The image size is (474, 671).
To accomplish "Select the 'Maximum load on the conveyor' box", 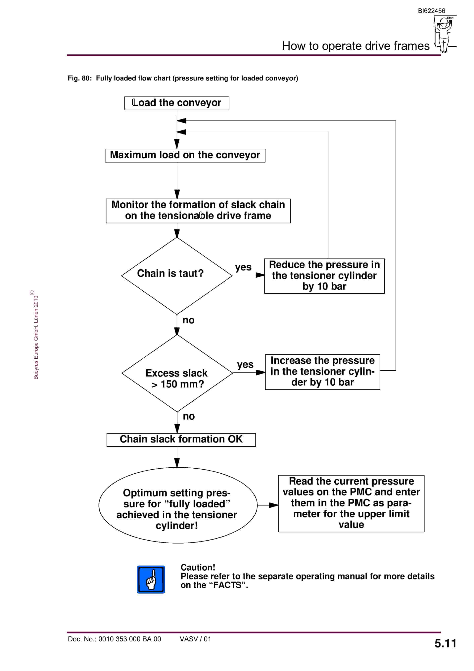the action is [185, 155].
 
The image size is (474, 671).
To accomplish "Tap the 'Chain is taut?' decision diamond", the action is [177, 276].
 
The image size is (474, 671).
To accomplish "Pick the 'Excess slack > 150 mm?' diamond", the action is [177, 373].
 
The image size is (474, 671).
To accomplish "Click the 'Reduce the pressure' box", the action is [324, 276].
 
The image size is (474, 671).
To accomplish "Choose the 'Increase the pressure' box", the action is [323, 372].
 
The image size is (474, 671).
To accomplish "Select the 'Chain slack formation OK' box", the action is [181, 440].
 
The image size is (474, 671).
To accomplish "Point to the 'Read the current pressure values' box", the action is [351, 503].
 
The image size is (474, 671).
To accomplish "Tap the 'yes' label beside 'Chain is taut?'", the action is [243, 267].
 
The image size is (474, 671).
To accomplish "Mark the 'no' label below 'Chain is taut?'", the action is [188, 320].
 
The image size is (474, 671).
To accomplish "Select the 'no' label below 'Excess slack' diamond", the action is [189, 416].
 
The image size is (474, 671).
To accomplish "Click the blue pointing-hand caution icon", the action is [151, 580].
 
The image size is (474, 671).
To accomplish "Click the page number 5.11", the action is [445, 643].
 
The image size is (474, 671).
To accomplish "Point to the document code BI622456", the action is [431, 11].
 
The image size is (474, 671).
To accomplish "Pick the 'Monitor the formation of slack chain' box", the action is [198, 211].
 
